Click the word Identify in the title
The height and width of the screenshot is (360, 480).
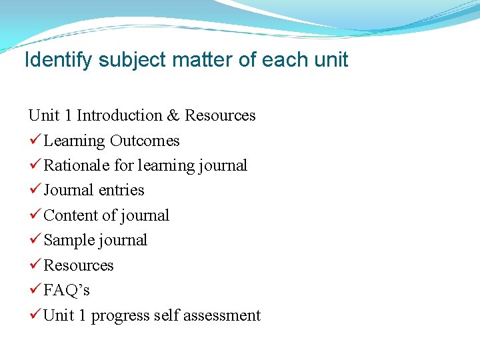point(59,60)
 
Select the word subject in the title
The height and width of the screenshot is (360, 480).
point(134,60)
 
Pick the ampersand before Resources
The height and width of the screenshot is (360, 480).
point(173,115)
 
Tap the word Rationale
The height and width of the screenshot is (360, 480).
point(75,165)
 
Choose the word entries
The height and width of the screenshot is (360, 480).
point(121,190)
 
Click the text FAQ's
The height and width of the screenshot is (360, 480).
point(67,290)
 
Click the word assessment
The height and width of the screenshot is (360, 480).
point(221,315)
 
